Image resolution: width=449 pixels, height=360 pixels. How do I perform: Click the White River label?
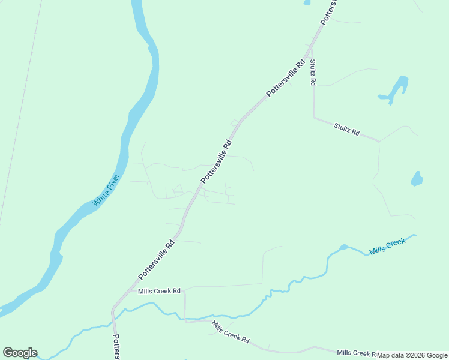107,190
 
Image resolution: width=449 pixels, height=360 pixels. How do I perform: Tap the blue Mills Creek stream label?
387,246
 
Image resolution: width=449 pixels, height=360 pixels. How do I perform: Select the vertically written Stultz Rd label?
313,72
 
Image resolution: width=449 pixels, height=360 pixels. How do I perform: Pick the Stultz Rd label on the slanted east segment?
346,128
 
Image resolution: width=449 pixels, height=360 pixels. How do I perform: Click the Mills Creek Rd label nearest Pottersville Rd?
159,291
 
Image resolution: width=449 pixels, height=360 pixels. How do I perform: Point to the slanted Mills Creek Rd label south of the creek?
230,331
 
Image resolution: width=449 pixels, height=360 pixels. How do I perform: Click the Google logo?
20,353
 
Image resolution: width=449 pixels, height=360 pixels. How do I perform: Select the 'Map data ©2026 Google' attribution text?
412,355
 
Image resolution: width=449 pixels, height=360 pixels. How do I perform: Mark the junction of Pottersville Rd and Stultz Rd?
310,51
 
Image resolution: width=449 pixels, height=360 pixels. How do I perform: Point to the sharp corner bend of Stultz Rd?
314,117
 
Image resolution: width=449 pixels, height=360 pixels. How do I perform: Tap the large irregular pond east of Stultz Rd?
396,89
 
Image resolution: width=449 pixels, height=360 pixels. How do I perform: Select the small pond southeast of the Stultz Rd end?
417,179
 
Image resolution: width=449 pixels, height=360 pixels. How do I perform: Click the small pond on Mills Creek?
343,247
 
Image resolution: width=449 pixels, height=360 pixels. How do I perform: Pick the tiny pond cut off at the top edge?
307,2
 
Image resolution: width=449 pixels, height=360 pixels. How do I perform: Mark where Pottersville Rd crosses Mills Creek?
114,326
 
